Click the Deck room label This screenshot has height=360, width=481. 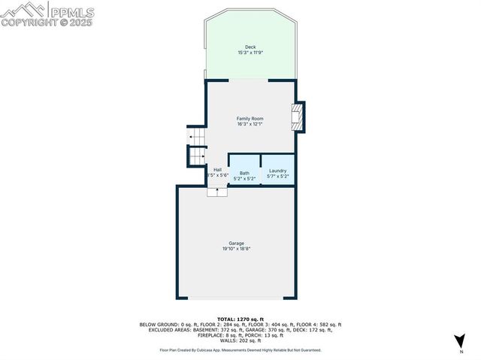(250, 47)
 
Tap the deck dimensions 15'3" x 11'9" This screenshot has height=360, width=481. (250, 53)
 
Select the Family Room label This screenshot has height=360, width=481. (250, 119)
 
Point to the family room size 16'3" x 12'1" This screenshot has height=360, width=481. (250, 125)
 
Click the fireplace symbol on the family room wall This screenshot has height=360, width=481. (298, 116)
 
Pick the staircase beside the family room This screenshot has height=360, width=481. (197, 147)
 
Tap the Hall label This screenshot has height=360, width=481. (217, 170)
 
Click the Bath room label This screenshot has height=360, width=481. (245, 173)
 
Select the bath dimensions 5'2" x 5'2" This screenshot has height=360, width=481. (245, 179)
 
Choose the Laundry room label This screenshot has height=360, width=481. (277, 171)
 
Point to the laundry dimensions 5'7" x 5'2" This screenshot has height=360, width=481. (277, 177)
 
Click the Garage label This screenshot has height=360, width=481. (236, 243)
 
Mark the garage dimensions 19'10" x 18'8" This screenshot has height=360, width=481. (236, 249)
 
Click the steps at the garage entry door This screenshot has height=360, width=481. (217, 192)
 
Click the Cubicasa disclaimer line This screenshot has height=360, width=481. (240, 349)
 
